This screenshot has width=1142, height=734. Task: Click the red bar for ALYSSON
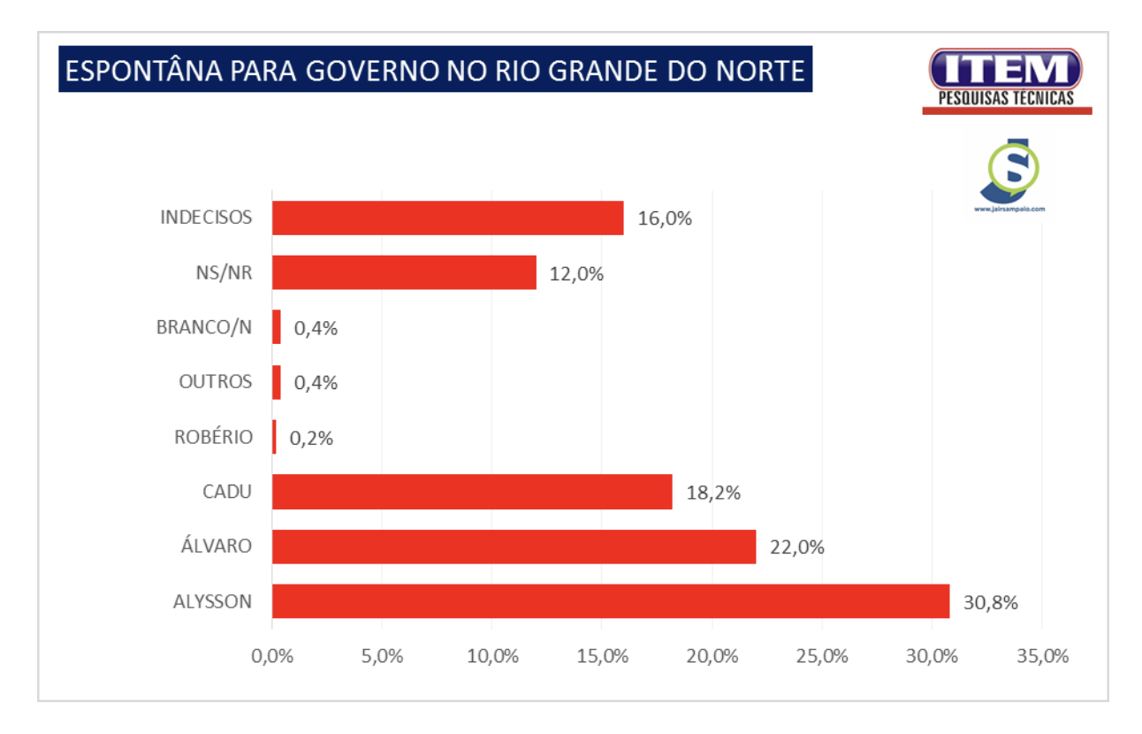(611, 601)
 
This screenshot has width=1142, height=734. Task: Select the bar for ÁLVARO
(514, 547)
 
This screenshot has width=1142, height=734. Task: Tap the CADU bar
(472, 492)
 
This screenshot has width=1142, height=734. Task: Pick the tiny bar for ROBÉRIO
(274, 437)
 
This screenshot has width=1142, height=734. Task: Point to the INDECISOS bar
(447, 218)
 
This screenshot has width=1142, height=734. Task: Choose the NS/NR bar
(404, 272)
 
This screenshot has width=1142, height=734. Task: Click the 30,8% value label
(991, 602)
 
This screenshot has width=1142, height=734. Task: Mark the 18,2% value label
(713, 493)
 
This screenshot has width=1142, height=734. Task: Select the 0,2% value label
(311, 438)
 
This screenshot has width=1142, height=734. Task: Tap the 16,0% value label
(665, 218)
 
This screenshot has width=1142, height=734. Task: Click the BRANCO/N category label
(204, 327)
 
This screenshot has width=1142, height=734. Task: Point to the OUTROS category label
(215, 381)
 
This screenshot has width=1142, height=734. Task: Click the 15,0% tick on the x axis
(603, 656)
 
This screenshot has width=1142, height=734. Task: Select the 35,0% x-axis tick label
(1043, 656)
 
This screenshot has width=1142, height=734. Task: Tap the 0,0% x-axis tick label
(272, 656)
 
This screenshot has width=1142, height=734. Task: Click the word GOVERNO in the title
(372, 71)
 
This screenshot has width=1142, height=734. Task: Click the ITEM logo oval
(1005, 69)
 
